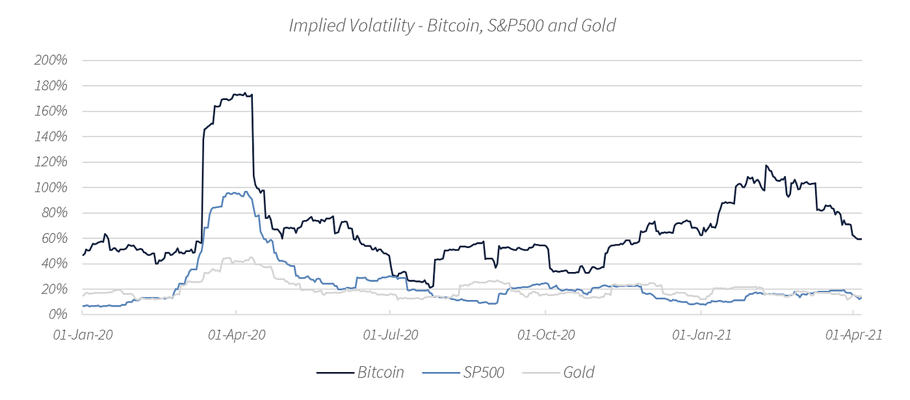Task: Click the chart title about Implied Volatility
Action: pyautogui.click(x=452, y=25)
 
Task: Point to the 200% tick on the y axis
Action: pyautogui.click(x=50, y=60)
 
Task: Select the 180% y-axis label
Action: pyautogui.click(x=50, y=86)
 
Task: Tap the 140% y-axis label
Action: pyautogui.click(x=50, y=136)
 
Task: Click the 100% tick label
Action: pyautogui.click(x=50, y=187)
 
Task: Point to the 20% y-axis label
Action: pyautogui.click(x=53, y=289)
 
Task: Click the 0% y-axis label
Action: pyautogui.click(x=57, y=314)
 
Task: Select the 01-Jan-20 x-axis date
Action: pyautogui.click(x=83, y=335)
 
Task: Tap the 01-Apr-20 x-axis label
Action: pyautogui.click(x=236, y=335)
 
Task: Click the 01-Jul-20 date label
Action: pyautogui.click(x=390, y=335)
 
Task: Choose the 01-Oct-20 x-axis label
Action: pyautogui.click(x=546, y=335)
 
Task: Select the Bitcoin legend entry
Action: pyautogui.click(x=380, y=372)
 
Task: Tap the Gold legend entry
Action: pyautogui.click(x=578, y=372)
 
